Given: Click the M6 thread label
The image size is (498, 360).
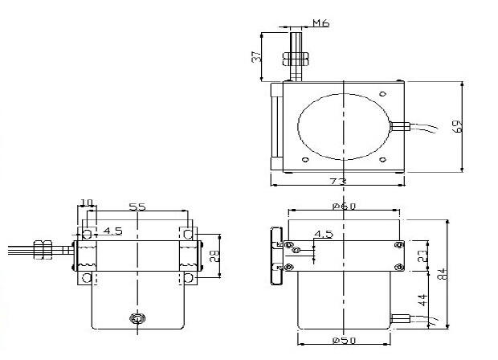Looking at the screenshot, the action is (x=321, y=22).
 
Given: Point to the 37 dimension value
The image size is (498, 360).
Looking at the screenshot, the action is (x=256, y=56).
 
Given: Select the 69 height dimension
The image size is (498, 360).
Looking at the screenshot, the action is (x=457, y=126).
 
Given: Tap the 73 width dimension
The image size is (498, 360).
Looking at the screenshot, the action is (x=338, y=182).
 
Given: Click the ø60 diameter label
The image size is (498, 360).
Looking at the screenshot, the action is (x=345, y=207).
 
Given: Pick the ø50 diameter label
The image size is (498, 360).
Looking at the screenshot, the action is (x=345, y=340).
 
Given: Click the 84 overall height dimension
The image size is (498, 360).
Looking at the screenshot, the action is (x=443, y=274).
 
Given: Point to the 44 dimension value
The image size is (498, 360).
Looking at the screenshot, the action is (x=422, y=300).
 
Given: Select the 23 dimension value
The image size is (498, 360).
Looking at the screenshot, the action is (x=422, y=256).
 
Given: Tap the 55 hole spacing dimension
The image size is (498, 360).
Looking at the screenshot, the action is (x=137, y=207).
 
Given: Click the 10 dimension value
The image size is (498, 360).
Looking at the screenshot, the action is (x=87, y=202).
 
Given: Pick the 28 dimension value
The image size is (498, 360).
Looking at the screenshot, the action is (x=214, y=256).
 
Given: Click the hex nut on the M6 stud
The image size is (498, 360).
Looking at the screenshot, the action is (x=296, y=59).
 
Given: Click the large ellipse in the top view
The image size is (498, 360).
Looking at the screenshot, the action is (x=344, y=126).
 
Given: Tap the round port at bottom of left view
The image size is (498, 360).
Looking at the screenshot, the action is (x=137, y=318).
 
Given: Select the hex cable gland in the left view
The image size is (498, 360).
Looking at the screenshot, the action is (x=43, y=250).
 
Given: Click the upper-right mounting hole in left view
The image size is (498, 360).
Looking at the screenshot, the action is (x=188, y=235).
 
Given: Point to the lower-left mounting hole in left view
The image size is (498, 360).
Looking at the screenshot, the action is (x=87, y=278).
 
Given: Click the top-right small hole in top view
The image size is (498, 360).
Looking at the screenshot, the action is (x=383, y=94).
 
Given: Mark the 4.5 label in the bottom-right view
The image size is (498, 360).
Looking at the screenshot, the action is (x=324, y=235).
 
